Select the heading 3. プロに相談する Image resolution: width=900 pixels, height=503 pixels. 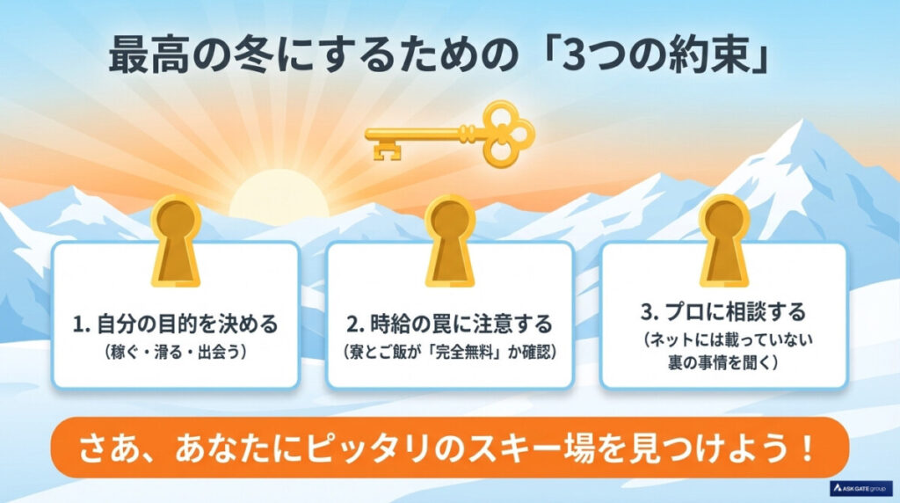723,311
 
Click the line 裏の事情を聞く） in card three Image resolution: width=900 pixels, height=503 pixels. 723,361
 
